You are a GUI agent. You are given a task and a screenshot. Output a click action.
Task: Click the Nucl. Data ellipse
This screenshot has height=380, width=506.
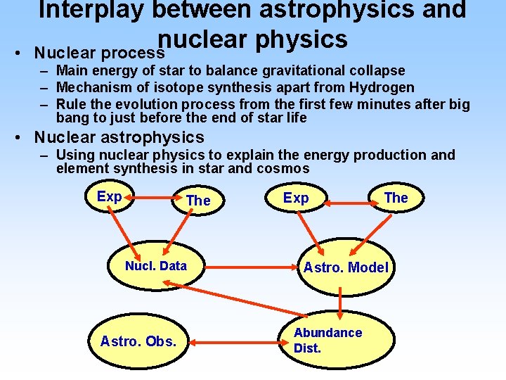[155, 267]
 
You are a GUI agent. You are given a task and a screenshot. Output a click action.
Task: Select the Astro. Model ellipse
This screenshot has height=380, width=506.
[345, 267]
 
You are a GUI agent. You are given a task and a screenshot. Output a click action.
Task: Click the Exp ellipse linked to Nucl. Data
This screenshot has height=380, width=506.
[110, 197]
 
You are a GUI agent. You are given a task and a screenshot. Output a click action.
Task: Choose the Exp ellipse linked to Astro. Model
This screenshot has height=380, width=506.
[295, 198]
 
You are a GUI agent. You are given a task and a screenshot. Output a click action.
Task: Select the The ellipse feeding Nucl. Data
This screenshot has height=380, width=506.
[198, 201]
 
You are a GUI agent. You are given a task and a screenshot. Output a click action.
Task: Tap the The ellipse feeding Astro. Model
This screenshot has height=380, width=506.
[396, 198]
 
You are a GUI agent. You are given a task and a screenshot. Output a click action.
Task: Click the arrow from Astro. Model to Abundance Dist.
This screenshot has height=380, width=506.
[340, 300]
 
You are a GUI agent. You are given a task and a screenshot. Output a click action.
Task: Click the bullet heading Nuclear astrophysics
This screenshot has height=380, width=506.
[119, 137]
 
